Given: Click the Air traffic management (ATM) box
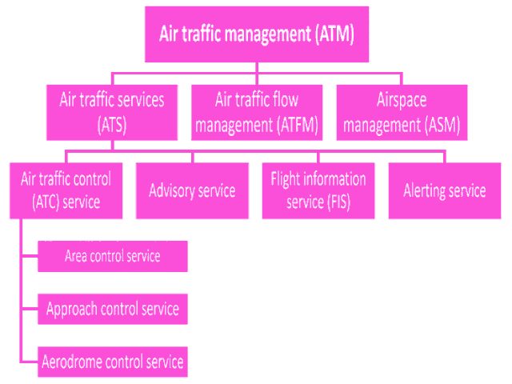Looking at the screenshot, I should (256, 34).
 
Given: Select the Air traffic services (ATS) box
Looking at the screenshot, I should (112, 112).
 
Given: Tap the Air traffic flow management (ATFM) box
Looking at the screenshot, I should (256, 112).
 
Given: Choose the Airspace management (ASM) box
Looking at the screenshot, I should (401, 112).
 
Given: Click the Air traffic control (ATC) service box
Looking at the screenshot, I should (66, 190).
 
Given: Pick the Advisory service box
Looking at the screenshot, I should (192, 190).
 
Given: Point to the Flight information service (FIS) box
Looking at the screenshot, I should (318, 190).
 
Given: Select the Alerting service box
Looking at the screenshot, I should (445, 190).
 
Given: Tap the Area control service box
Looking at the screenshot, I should (113, 256).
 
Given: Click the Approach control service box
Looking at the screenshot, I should (113, 308).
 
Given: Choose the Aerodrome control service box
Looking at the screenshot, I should (113, 361).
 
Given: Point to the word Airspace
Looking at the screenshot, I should (401, 101).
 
